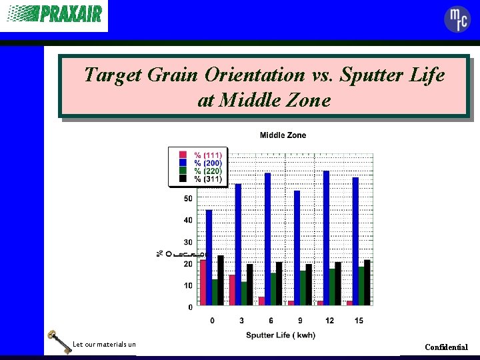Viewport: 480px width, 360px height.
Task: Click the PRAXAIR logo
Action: [x=54, y=14]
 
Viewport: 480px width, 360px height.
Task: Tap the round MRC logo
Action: [x=457, y=19]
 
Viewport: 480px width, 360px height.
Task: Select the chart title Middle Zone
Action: [x=283, y=135]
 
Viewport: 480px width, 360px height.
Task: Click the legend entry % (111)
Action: [x=207, y=155]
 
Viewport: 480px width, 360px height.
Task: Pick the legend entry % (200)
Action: [x=207, y=163]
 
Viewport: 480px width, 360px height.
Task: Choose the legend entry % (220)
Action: [x=207, y=171]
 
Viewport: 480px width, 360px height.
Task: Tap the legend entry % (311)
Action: [x=207, y=179]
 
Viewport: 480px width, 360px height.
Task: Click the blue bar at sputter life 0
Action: [x=209, y=257]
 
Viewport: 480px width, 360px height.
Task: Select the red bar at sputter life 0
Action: [x=203, y=283]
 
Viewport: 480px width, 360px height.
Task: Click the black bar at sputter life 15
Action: [x=367, y=282]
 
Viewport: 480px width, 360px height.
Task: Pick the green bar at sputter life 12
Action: [x=331, y=286]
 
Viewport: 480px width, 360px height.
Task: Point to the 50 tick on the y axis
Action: [x=188, y=199]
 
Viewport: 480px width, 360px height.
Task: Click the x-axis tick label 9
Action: [x=300, y=321]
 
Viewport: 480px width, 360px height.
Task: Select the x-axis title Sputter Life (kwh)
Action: [x=281, y=335]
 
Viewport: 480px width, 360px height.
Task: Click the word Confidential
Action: [x=446, y=347]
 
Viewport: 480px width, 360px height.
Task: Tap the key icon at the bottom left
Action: [x=58, y=342]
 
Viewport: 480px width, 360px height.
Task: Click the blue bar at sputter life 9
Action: [x=297, y=247]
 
